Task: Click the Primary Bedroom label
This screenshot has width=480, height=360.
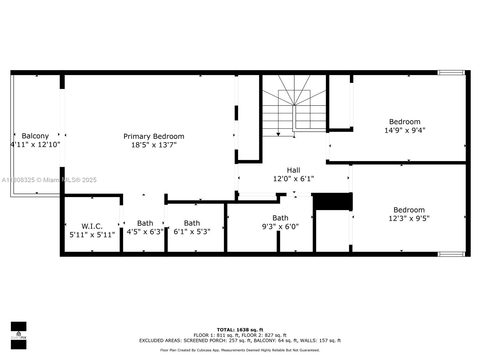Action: [154, 136]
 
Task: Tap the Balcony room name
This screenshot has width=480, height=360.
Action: [35, 136]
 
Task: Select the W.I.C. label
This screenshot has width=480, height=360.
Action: [92, 226]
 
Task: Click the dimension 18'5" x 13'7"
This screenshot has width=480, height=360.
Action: [154, 145]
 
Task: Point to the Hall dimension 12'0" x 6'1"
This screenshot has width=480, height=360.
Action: [293, 179]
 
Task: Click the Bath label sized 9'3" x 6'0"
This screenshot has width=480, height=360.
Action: [280, 218]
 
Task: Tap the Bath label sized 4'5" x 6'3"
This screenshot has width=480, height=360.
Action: [145, 223]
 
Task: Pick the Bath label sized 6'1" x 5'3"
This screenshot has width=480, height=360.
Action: [192, 223]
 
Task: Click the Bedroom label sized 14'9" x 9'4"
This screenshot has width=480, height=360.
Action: [404, 122]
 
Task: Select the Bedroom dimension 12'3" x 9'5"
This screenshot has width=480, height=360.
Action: [409, 218]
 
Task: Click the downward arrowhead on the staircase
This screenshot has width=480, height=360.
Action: [278, 134]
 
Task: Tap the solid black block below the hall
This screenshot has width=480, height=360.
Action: [332, 201]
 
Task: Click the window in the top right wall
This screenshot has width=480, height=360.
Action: [451, 72]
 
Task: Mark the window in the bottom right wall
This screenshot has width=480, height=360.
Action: [451, 254]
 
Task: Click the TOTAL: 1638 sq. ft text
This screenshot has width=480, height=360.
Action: [240, 330]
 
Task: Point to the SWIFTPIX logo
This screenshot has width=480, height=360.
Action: [19, 335]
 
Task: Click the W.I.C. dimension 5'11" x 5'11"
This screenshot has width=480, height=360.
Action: [92, 235]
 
